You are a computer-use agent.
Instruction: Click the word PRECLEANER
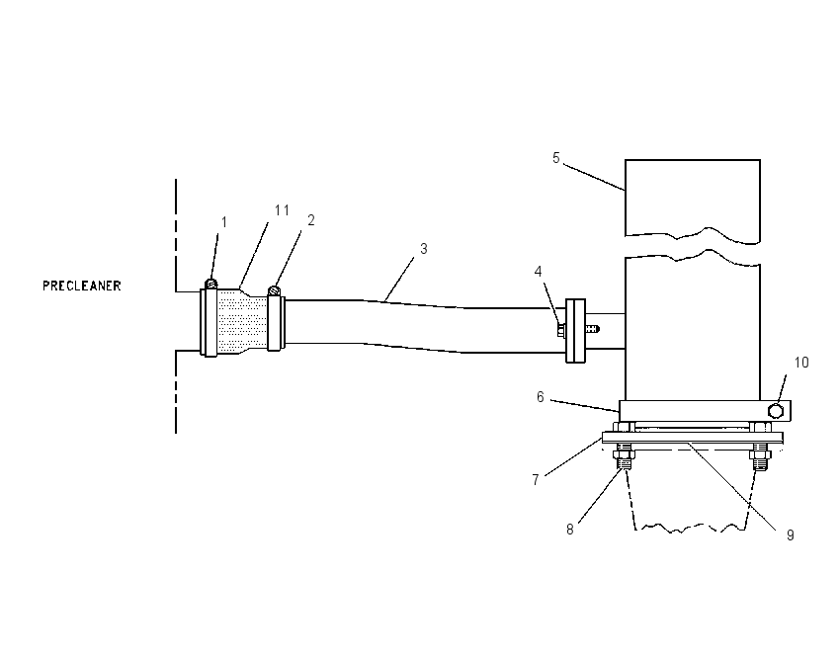(82, 286)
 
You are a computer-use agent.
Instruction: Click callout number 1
(224, 221)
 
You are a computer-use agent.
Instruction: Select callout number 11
(282, 210)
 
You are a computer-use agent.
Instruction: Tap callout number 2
(310, 220)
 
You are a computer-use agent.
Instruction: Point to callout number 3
(424, 249)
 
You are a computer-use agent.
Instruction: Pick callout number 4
(539, 272)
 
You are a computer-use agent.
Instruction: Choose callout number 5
(556, 158)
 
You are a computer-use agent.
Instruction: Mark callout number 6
(541, 397)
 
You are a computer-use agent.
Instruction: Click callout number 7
(536, 480)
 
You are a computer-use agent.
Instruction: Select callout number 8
(570, 530)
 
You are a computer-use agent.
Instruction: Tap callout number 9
(791, 534)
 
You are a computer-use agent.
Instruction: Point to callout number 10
(801, 363)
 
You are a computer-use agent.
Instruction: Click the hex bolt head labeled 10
(776, 411)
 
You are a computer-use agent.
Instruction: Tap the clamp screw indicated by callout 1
(211, 284)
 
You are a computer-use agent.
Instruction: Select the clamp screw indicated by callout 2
(275, 290)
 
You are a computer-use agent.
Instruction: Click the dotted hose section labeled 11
(242, 320)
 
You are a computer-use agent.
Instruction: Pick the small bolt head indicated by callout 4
(561, 330)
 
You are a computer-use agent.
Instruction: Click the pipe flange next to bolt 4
(576, 330)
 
